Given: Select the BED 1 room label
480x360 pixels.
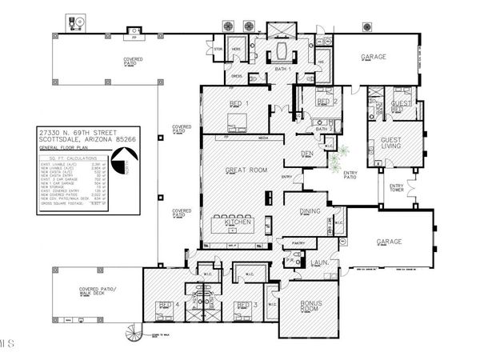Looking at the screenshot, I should point(238,104).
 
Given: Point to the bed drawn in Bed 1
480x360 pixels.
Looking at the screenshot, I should point(237,122).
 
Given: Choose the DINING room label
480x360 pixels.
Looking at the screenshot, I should point(310,211).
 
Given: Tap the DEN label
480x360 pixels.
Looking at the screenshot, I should point(306,153).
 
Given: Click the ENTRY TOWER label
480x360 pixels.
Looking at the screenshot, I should point(395,188).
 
